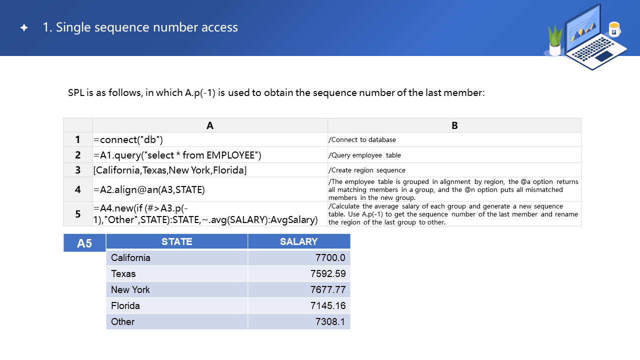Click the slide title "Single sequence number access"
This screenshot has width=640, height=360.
(x=140, y=27)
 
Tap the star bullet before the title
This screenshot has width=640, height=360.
(x=24, y=28)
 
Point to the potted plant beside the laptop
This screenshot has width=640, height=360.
(x=555, y=41)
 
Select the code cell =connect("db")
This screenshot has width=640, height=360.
(x=128, y=139)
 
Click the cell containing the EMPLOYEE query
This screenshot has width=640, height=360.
(x=177, y=155)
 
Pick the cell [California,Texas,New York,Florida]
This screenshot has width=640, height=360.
(x=170, y=170)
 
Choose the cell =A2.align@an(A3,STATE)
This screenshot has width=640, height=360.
(x=149, y=189)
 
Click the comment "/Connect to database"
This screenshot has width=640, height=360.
(x=362, y=139)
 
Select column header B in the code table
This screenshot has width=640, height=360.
(x=454, y=125)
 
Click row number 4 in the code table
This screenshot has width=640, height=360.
(x=78, y=189)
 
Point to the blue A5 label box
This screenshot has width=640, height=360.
(x=84, y=243)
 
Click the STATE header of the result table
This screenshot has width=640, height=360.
(x=177, y=241)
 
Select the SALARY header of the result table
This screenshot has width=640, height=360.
(x=298, y=241)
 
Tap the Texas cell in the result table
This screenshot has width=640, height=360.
(x=123, y=273)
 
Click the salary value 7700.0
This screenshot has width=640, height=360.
(x=330, y=257)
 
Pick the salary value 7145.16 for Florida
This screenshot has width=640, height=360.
(x=328, y=305)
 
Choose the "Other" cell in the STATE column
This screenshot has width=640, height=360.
(x=123, y=321)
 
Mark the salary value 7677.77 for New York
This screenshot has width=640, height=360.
(x=328, y=289)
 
